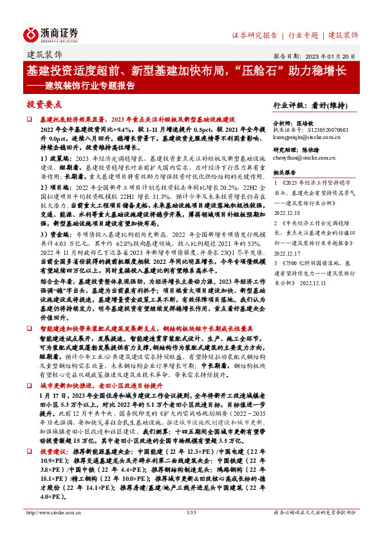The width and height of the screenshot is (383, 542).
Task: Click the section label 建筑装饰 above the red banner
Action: click(44, 55)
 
